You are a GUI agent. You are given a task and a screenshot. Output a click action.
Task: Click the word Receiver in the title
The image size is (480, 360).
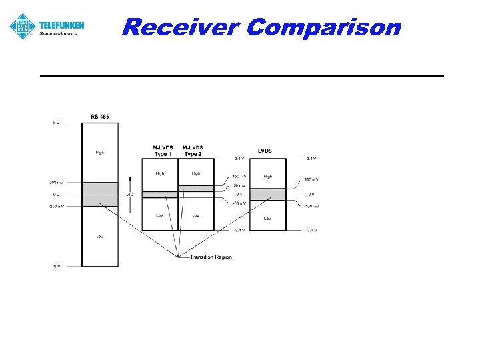[x=181, y=27]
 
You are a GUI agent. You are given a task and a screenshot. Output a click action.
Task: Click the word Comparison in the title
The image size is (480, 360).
[x=323, y=27]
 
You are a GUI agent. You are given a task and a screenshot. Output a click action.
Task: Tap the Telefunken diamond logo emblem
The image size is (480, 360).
[x=22, y=26]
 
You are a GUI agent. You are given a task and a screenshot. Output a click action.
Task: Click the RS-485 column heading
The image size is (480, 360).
[x=100, y=117]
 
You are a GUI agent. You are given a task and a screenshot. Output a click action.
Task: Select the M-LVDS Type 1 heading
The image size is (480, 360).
[x=162, y=151]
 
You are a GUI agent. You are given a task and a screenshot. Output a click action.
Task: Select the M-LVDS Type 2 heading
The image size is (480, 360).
[x=193, y=151]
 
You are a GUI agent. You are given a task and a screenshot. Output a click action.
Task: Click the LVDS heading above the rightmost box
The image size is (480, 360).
[x=265, y=150]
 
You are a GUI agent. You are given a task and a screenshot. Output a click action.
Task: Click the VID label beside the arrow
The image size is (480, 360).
[x=131, y=195]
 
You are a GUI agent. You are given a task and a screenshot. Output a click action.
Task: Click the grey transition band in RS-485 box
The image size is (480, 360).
[x=100, y=194]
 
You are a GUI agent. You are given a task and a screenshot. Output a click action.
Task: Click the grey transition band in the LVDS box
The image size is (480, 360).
[x=267, y=194]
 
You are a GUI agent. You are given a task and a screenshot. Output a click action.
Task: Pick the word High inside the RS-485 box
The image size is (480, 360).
[x=99, y=153]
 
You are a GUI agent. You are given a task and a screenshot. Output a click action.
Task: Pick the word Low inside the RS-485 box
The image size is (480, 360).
[x=99, y=236]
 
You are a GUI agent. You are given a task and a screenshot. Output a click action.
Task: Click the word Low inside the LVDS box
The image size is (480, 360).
[x=267, y=218]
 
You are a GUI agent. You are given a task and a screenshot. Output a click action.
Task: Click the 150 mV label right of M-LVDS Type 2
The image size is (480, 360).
[x=239, y=177]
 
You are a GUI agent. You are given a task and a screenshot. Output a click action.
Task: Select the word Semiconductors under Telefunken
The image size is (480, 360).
[x=59, y=33]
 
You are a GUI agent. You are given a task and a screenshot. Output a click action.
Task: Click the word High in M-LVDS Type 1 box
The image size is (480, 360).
[x=160, y=173]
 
